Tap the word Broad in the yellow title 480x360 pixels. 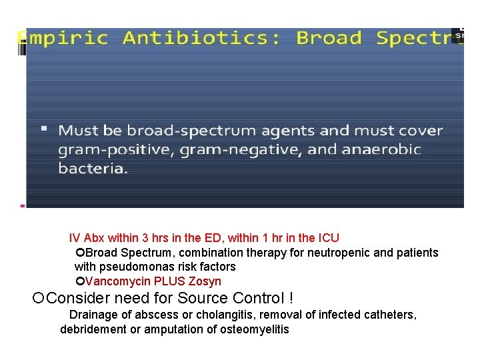(x=329, y=38)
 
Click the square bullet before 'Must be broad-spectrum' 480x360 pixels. (x=63, y=127)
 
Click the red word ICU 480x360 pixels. (x=329, y=238)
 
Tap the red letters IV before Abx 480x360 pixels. (x=75, y=238)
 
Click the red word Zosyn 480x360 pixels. (x=205, y=281)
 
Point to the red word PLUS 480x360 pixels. (x=170, y=281)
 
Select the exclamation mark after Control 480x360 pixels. (x=290, y=297)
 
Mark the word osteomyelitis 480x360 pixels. (x=254, y=329)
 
